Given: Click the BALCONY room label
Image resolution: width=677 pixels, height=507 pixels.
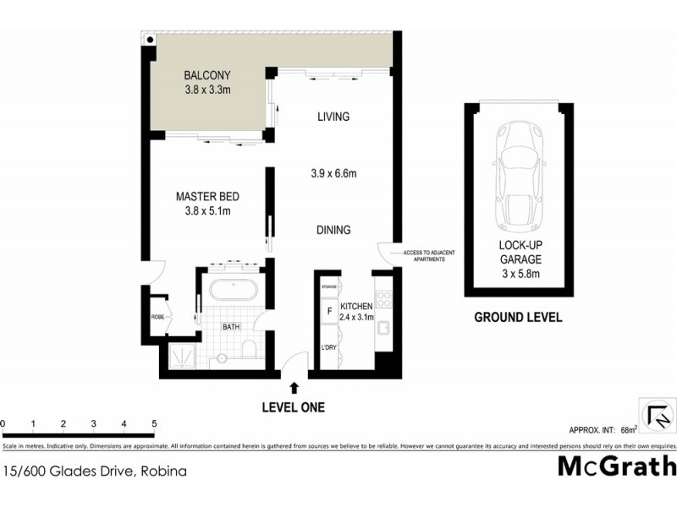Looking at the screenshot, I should pyautogui.click(x=208, y=74).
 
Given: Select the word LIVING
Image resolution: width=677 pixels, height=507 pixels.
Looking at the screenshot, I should pyautogui.click(x=333, y=117).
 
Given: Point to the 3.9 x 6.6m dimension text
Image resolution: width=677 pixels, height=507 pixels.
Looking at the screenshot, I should pyautogui.click(x=333, y=174).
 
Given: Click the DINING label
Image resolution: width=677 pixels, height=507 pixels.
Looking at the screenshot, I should pyautogui.click(x=333, y=230).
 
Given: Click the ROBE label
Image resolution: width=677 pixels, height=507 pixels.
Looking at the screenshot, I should pyautogui.click(x=157, y=317).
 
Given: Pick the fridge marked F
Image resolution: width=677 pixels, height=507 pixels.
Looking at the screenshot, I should pyautogui.click(x=328, y=311).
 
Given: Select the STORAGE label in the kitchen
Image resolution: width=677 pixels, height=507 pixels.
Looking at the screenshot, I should pyautogui.click(x=328, y=288).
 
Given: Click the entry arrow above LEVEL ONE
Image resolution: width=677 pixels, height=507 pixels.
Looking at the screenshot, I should pyautogui.click(x=294, y=388).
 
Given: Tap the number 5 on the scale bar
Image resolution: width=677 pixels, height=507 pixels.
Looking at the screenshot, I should pyautogui.click(x=154, y=422).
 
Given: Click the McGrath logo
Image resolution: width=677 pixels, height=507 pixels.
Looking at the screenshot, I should pyautogui.click(x=617, y=466).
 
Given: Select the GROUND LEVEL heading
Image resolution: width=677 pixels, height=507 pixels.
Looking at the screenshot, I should pyautogui.click(x=518, y=318).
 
